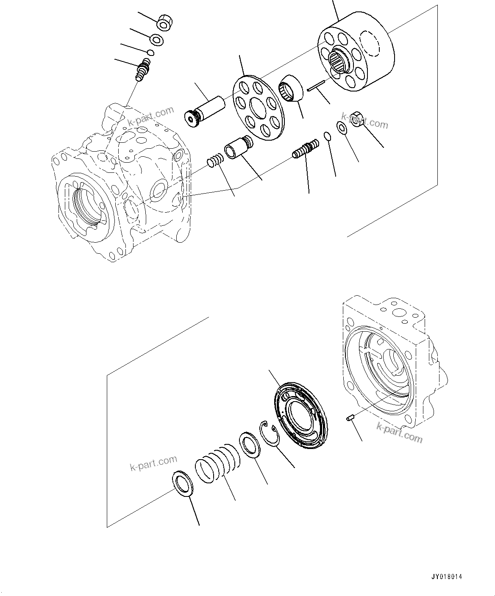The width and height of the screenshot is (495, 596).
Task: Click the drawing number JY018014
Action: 447,577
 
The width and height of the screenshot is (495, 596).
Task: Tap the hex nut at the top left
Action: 164,23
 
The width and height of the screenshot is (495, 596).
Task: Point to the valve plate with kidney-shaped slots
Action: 300,411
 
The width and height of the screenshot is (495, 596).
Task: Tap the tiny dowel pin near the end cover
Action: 350,419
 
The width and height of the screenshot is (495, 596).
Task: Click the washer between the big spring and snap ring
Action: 250,445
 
